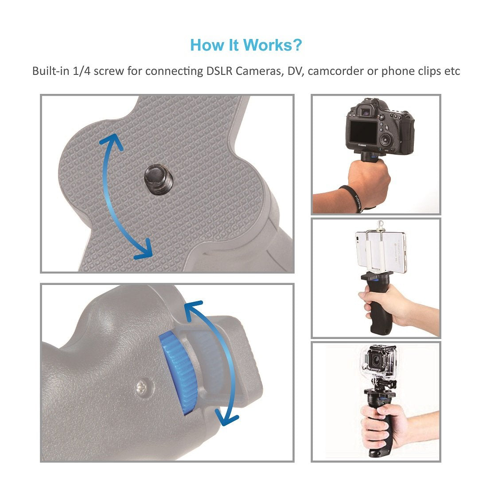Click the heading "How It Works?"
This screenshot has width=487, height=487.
(246, 45)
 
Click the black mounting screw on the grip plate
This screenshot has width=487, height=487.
(156, 181)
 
